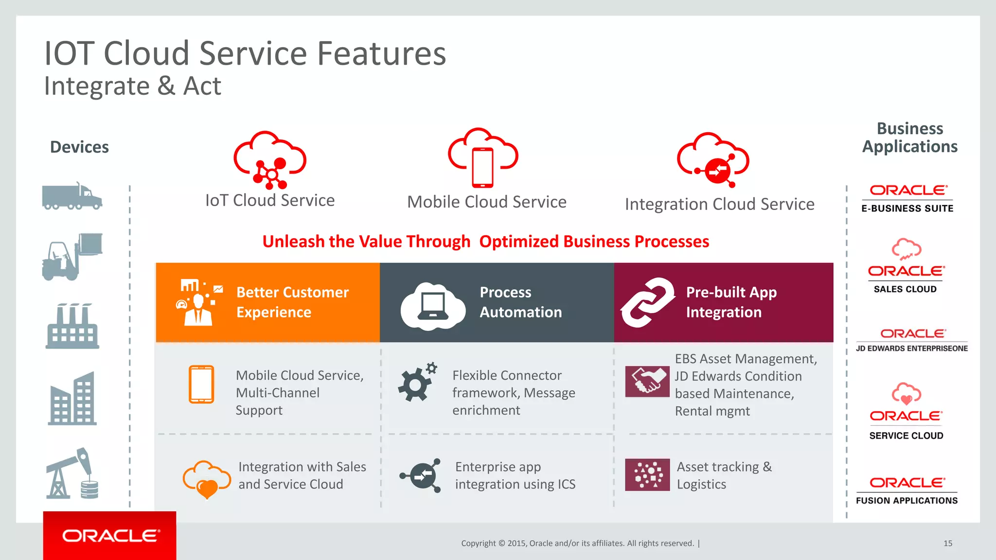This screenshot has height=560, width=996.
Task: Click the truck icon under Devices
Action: click(x=72, y=197)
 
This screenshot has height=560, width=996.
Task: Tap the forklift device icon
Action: click(x=71, y=257)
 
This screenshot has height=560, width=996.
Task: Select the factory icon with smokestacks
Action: click(x=72, y=327)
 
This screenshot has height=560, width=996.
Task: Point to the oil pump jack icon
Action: click(x=72, y=473)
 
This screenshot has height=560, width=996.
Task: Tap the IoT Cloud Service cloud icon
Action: click(x=270, y=160)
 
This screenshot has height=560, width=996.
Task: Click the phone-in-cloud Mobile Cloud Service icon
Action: click(x=483, y=158)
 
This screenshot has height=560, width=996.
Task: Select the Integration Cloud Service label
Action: click(x=719, y=204)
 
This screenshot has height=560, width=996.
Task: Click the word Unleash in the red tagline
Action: click(x=293, y=242)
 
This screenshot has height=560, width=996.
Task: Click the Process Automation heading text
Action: click(x=520, y=302)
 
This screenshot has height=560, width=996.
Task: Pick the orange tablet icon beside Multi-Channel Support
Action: click(x=201, y=384)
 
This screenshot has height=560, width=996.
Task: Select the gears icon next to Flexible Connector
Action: click(x=417, y=382)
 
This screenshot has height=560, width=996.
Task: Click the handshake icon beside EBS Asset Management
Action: click(x=647, y=382)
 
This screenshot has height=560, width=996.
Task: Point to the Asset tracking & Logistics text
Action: click(x=724, y=475)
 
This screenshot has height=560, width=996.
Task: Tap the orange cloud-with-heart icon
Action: click(x=207, y=478)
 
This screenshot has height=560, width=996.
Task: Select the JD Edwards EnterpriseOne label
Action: click(x=911, y=349)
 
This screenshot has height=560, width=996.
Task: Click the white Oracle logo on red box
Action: click(x=110, y=536)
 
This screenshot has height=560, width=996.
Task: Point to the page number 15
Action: click(x=947, y=543)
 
